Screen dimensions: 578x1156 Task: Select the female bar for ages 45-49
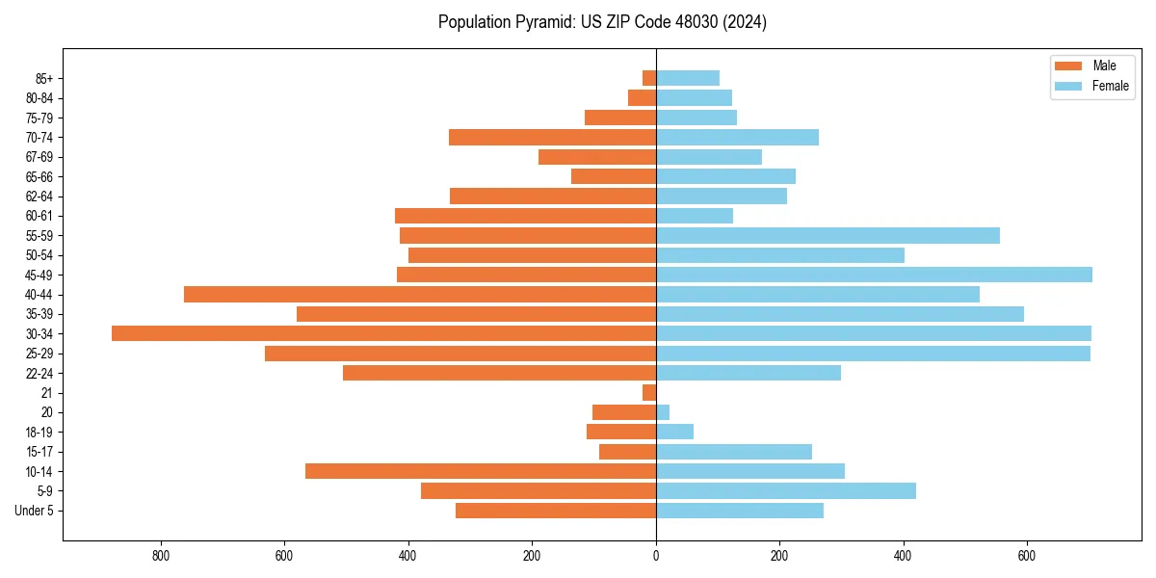click(874, 275)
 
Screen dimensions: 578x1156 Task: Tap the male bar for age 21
click(649, 392)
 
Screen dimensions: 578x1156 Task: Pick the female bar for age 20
click(663, 412)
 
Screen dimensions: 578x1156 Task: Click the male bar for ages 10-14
click(481, 471)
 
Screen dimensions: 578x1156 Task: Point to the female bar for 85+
click(688, 78)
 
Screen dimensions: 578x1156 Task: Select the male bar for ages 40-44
click(420, 294)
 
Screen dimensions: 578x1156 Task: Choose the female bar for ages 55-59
click(828, 235)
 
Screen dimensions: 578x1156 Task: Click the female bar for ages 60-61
click(695, 216)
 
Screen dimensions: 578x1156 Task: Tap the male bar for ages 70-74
click(552, 137)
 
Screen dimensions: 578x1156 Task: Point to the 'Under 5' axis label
click(34, 511)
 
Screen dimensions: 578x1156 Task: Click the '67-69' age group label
click(39, 157)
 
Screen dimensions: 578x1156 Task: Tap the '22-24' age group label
click(39, 373)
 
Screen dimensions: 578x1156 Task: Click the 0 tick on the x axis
click(656, 556)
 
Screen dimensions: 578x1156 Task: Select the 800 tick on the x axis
click(161, 556)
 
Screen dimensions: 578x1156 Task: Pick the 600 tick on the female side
click(1027, 556)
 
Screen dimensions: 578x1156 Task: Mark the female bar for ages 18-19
click(674, 432)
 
